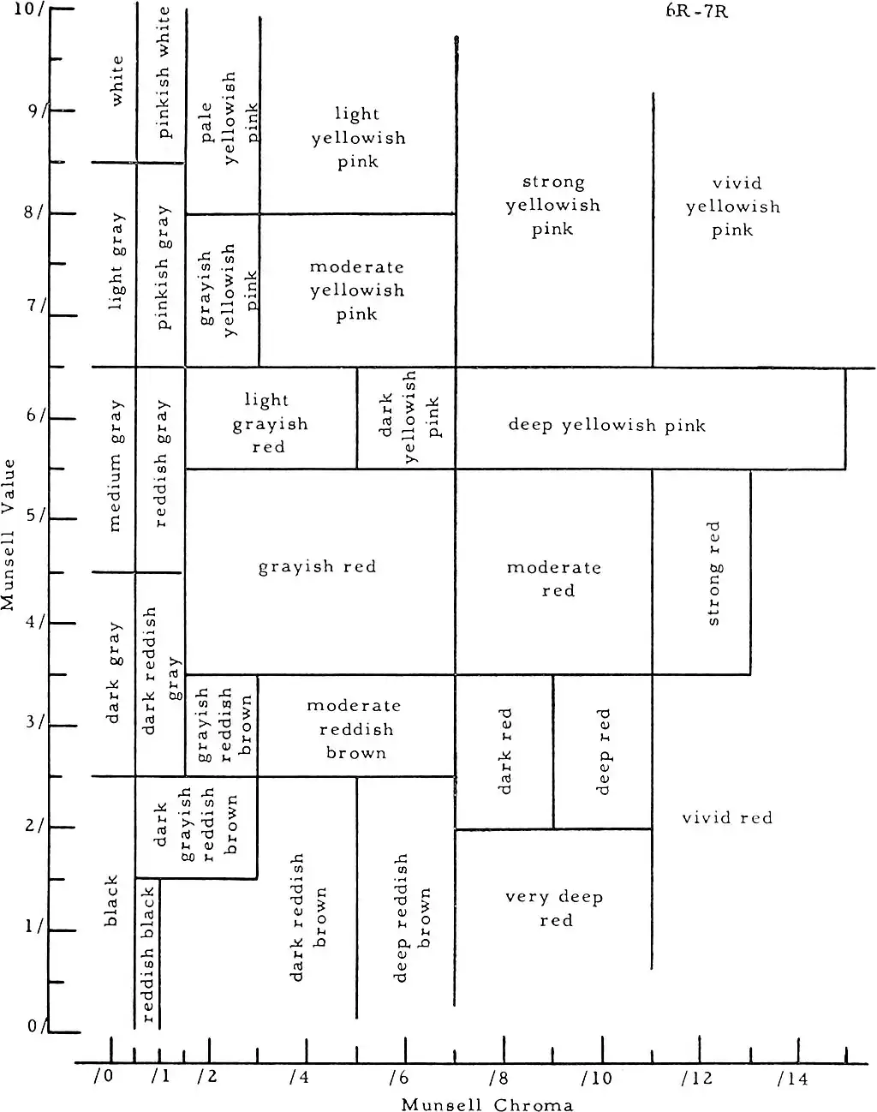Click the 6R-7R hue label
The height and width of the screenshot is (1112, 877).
pyautogui.click(x=697, y=11)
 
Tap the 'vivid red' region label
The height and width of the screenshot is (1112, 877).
pyautogui.click(x=727, y=818)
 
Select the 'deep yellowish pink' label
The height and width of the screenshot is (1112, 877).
pyautogui.click(x=606, y=425)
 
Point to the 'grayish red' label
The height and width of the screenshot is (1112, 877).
pyautogui.click(x=317, y=566)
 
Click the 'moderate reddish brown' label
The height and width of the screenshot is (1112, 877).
pyautogui.click(x=355, y=729)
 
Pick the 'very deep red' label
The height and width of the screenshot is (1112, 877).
pyautogui.click(x=555, y=908)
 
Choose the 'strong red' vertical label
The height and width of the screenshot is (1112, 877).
pyautogui.click(x=713, y=573)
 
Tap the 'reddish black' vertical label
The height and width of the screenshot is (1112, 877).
pyautogui.click(x=147, y=954)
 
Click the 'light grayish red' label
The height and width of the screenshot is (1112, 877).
pyautogui.click(x=269, y=423)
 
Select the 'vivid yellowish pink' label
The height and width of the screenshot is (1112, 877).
pyautogui.click(x=733, y=206)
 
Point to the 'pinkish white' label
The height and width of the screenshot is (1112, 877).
pyautogui.click(x=163, y=72)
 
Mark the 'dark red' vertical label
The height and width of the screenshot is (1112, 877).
pyautogui.click(x=504, y=750)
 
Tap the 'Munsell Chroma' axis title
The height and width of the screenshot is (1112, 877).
pyautogui.click(x=487, y=1103)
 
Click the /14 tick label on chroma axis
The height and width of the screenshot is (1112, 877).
pyautogui.click(x=792, y=1079)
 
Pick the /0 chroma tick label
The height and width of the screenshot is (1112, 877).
pyautogui.click(x=103, y=1078)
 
